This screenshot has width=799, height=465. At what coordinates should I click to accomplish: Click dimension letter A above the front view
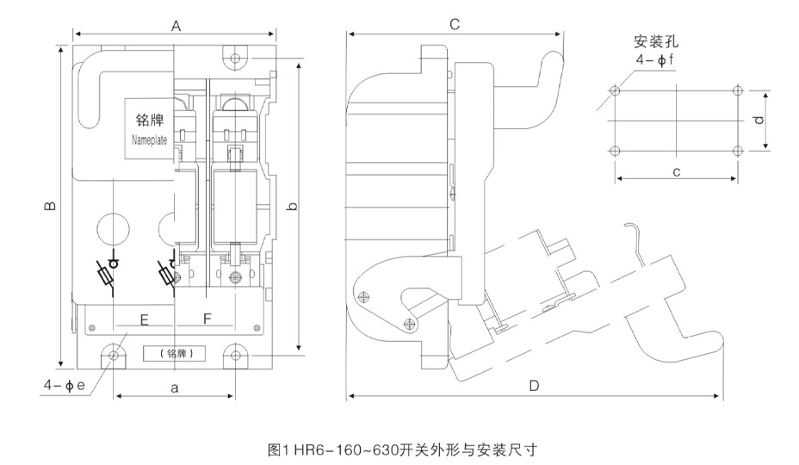tap(176, 26)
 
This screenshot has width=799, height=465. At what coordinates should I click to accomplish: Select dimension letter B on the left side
tap(51, 206)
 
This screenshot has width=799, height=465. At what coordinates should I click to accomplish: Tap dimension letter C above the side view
tap(455, 26)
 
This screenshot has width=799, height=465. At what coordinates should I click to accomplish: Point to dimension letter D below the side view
tap(534, 387)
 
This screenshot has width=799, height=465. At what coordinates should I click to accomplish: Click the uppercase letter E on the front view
tap(145, 320)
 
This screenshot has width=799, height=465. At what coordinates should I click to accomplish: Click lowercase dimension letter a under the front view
tap(174, 388)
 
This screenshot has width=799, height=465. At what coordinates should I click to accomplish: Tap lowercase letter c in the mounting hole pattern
tap(677, 172)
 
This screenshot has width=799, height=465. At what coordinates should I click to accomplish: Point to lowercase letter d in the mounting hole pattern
tap(759, 121)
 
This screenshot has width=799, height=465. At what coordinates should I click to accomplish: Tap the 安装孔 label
tap(654, 40)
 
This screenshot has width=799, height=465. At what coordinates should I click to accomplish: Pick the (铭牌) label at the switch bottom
tap(174, 353)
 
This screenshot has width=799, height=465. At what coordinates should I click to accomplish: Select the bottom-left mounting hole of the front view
tap(114, 354)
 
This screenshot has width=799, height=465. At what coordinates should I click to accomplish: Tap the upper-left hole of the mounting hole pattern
tap(614, 90)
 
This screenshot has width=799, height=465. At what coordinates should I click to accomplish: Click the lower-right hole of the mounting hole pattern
tap(738, 152)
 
